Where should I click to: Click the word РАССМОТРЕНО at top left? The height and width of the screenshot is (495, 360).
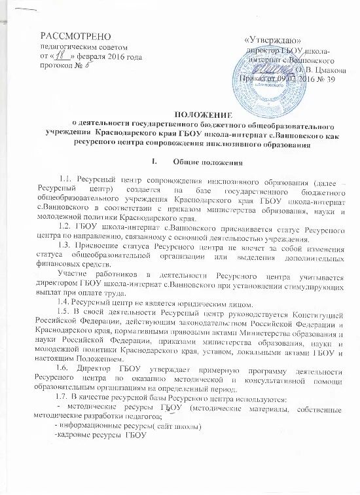click(x=75, y=34)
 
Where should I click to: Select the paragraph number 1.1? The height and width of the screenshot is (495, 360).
click(x=66, y=179)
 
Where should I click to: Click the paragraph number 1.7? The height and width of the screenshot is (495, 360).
click(x=66, y=399)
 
